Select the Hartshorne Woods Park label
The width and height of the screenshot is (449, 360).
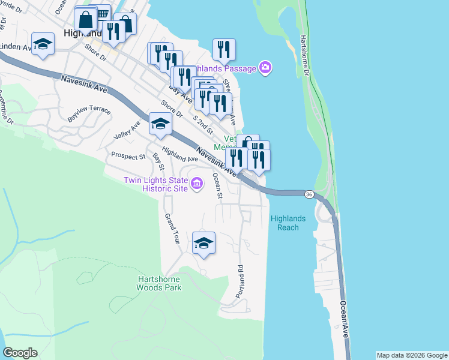[159, 283]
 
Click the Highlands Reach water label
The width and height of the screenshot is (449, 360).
[288, 223]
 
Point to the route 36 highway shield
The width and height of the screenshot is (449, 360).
[309, 194]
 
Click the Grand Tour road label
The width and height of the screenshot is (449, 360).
[172, 228]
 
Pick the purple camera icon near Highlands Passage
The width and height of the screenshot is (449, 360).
[265, 67]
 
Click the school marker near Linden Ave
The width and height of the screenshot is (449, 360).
[43, 44]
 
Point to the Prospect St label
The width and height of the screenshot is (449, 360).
[128, 156]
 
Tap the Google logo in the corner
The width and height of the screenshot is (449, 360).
[20, 353]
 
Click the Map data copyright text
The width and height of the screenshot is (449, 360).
[412, 355]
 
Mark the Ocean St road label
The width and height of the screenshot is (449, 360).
[219, 188]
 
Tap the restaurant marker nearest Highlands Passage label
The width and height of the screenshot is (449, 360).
[224, 50]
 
